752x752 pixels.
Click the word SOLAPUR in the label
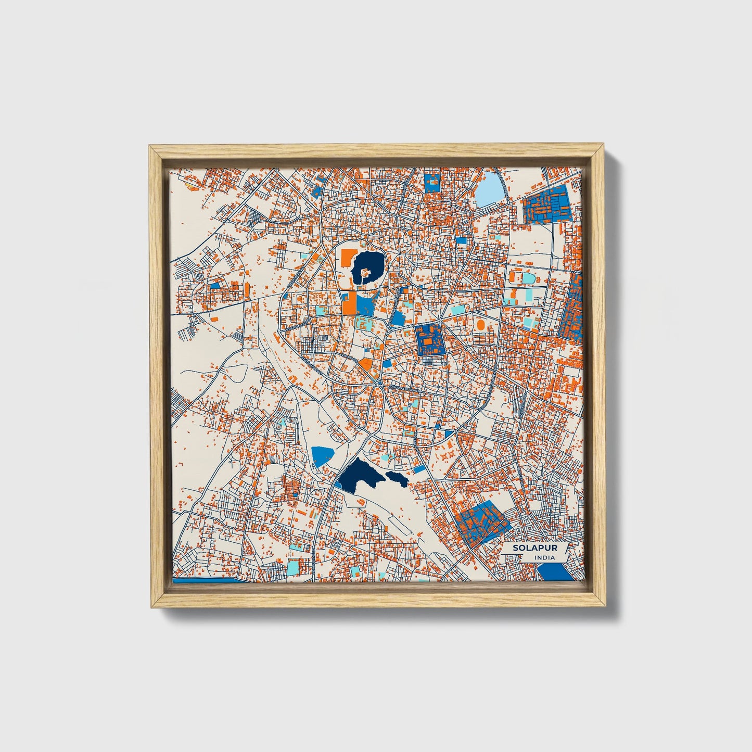(527, 548)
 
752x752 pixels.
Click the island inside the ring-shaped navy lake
(365, 272)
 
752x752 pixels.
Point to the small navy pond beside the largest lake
(397, 478)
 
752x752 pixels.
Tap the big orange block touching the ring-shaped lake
(347, 257)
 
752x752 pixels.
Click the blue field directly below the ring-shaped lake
(366, 304)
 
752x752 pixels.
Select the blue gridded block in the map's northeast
(546, 205)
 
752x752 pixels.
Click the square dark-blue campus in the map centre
(430, 340)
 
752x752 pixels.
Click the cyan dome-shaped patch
(529, 278)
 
